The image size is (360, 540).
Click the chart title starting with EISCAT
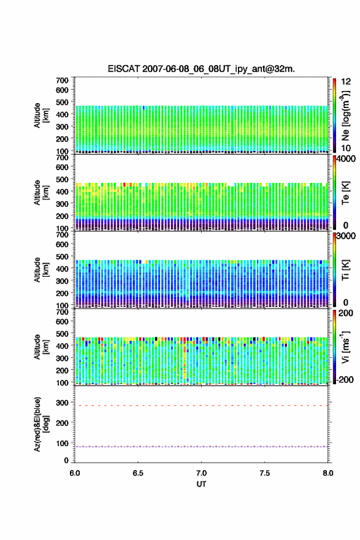coord(201,69)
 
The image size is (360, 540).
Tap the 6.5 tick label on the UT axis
coord(138,473)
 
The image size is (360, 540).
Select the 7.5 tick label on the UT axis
coord(265,473)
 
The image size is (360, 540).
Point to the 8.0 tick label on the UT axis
coord(328,473)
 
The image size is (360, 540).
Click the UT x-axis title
coord(201,484)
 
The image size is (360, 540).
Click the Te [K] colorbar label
coord(345,193)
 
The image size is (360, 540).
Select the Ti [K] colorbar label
coord(345,270)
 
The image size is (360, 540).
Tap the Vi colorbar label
coord(345,347)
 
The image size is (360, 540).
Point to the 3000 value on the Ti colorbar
coord(346,236)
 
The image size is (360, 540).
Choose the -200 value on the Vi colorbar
coord(343,379)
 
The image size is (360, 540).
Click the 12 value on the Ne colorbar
coord(346,82)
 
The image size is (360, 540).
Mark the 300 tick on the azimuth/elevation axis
coord(63,403)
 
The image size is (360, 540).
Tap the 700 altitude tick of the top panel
coord(63,80)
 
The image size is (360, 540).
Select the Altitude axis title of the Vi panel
coord(41,347)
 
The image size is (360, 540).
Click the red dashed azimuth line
coord(201,406)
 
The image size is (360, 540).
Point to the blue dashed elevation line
coord(201,447)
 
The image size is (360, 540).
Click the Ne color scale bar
coord(334,115)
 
